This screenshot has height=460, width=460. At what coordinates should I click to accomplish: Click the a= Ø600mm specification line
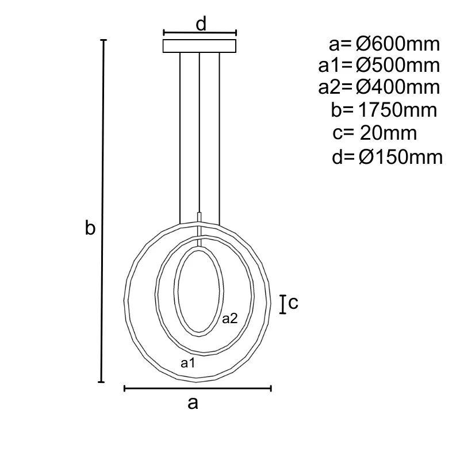385,44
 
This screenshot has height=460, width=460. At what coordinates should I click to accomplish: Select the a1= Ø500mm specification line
379,66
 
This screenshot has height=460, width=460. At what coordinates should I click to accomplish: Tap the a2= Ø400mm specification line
379,87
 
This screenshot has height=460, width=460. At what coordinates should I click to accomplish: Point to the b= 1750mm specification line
384,110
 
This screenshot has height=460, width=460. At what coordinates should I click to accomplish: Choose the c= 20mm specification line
374,133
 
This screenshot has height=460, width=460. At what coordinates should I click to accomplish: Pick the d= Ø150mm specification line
387,156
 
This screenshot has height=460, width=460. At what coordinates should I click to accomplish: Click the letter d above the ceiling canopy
201,24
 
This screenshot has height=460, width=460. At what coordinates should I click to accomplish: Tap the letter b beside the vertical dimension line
90,228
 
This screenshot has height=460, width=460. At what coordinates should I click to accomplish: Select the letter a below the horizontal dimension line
193,403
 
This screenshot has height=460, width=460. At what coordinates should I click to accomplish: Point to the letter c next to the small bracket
293,302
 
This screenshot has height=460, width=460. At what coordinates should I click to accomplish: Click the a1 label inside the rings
188,363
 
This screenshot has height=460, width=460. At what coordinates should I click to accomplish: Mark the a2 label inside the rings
230,319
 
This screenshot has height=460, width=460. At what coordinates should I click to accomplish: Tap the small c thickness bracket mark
283,304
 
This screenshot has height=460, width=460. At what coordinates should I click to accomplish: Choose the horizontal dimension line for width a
198,389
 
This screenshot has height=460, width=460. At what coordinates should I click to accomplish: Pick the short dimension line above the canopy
200,33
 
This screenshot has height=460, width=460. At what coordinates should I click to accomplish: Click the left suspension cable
180,138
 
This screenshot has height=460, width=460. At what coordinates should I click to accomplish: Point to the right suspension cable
220,138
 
